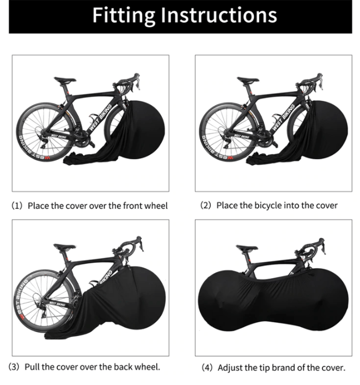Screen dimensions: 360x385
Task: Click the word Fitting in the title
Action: [x=124, y=16]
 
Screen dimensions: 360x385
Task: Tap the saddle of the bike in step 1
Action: [x=65, y=80]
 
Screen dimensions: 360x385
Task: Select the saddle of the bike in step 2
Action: [x=248, y=80]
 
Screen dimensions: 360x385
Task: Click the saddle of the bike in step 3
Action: [x=64, y=247]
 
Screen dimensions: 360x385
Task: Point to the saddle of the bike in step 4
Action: [x=247, y=248]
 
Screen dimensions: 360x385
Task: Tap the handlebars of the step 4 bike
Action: [x=310, y=249]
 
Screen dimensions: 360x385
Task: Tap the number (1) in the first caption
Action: [x=17, y=206]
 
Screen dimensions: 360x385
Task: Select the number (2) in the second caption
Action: [x=205, y=205]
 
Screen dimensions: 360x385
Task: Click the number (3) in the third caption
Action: [x=14, y=367]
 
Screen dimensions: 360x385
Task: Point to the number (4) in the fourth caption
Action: [x=207, y=368]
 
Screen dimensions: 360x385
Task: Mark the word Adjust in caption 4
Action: [x=230, y=368]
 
